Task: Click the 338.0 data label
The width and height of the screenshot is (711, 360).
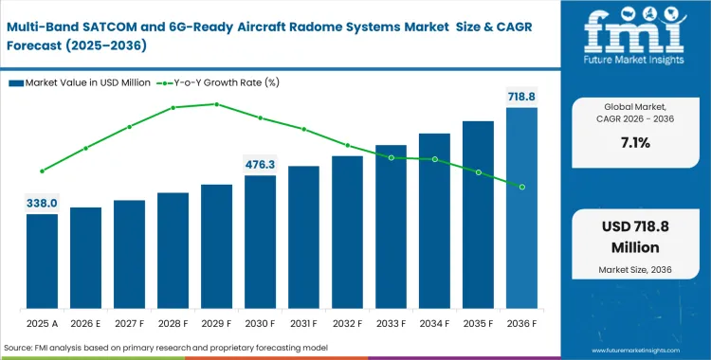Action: pos(42,203)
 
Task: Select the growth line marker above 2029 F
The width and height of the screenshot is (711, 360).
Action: pos(216,104)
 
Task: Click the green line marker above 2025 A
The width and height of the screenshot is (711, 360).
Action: pos(42,171)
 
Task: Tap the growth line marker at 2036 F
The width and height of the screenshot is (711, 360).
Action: pos(521,187)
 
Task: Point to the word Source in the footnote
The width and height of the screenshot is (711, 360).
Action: pos(20,349)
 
